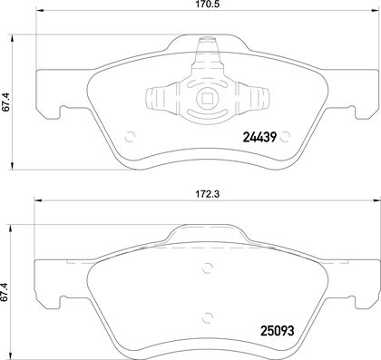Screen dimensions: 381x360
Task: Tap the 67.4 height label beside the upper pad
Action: coord(6,102)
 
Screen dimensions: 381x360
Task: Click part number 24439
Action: coord(259,138)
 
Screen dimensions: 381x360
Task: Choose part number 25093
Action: coord(278,331)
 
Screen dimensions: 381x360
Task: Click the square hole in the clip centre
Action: coord(207,98)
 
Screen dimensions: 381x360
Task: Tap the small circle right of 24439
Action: coord(285,137)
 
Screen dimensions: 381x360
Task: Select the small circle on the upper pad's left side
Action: coord(130,137)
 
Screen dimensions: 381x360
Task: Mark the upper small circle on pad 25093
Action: coord(208,268)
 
